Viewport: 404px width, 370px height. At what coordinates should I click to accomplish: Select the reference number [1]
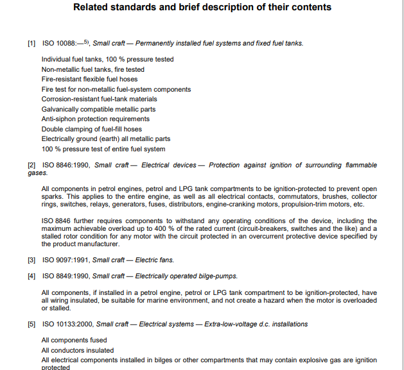tap(31, 44)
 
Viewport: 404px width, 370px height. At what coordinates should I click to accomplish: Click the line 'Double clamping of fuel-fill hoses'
tap(92, 130)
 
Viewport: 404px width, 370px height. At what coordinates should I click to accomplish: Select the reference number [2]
tap(31, 165)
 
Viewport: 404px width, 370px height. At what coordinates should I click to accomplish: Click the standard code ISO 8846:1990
tap(66, 165)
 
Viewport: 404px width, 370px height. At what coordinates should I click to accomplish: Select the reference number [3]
tap(31, 260)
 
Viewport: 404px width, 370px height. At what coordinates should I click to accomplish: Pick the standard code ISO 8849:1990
tap(66, 276)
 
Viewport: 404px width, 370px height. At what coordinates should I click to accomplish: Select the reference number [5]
tap(31, 324)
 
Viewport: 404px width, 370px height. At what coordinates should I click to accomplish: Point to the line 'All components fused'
tap(75, 341)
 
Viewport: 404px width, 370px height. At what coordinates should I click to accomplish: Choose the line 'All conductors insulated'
tap(78, 351)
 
